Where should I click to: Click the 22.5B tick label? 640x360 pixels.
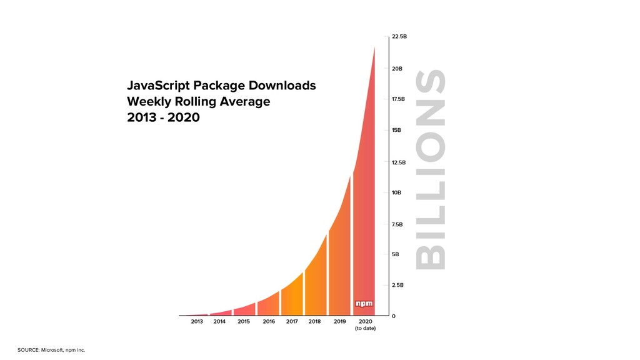(399, 37)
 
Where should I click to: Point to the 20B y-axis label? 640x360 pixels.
(397, 69)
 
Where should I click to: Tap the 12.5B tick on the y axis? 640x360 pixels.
(399, 162)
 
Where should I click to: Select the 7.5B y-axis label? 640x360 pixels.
(397, 224)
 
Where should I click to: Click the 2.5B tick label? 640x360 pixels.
(397, 285)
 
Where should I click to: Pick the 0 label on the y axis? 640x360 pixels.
(393, 316)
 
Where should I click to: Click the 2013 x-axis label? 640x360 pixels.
(197, 322)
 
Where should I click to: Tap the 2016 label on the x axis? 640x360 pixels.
(269, 322)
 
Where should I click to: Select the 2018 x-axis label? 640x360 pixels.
(314, 322)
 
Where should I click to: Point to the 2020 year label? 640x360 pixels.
(366, 322)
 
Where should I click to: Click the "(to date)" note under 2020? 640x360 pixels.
(365, 329)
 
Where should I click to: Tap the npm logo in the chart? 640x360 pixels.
(364, 304)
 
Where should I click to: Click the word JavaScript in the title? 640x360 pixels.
(158, 86)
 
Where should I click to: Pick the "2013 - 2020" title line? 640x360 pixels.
(163, 117)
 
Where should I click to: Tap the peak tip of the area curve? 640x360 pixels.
(374, 47)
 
